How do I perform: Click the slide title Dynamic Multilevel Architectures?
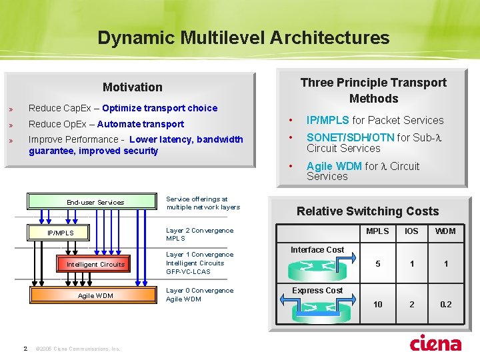tap(243, 37)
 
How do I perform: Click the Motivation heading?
tap(132, 87)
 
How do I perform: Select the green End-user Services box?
tap(95, 202)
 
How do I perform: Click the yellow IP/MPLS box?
tap(60, 233)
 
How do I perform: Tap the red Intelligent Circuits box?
tap(95, 264)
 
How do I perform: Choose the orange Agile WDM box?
tap(95, 295)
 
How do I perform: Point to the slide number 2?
tap(25, 347)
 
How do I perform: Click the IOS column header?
tap(411, 231)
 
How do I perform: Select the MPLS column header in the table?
tap(377, 231)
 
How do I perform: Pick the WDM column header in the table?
tap(445, 231)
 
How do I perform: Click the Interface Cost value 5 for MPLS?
tap(377, 264)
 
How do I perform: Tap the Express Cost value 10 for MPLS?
tap(377, 304)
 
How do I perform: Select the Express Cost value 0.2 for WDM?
tap(445, 304)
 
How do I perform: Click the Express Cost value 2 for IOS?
tap(411, 304)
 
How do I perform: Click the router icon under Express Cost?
tap(316, 307)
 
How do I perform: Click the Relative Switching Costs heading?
tap(367, 211)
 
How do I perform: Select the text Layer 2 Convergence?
tap(199, 231)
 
